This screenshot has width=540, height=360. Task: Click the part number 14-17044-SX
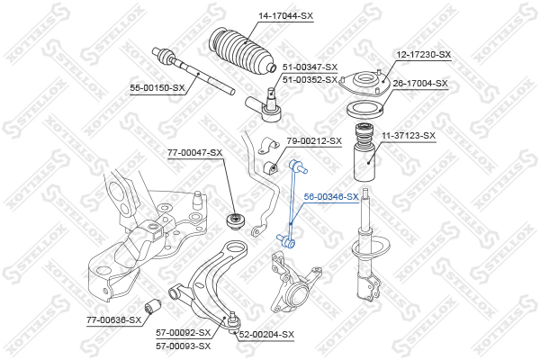(286, 16)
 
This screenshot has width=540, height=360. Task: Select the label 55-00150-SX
(157, 88)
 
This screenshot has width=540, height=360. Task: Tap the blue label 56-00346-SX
(331, 197)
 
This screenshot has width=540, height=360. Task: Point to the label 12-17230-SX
(424, 54)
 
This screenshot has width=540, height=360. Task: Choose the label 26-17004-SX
(420, 84)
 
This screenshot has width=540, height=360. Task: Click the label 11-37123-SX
(409, 136)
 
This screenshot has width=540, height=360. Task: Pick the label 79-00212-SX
(314, 141)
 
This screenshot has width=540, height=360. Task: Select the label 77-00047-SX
(195, 152)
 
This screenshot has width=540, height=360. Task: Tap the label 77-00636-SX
(114, 320)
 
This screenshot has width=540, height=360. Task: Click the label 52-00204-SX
(267, 335)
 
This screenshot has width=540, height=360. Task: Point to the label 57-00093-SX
(184, 346)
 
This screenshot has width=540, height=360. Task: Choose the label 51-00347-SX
(310, 67)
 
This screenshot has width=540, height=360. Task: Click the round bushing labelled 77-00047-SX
(236, 221)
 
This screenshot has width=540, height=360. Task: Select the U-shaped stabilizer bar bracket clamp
(268, 146)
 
